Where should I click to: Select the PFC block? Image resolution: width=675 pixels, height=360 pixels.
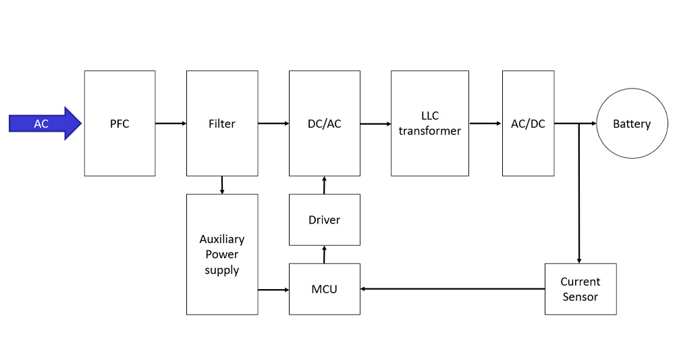pos(119,124)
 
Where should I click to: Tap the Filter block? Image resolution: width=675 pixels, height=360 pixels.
pos(221,124)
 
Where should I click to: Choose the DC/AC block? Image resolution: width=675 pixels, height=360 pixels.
pos(324,124)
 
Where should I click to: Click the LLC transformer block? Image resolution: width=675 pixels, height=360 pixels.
pos(429,124)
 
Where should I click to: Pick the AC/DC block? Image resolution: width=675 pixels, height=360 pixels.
pos(528,124)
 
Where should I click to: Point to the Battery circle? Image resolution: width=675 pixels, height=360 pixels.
pos(631,124)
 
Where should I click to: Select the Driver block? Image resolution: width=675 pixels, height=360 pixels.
pos(324,220)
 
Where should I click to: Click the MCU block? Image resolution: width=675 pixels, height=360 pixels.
pos(324,289)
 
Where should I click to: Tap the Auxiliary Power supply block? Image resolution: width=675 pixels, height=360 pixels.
pos(221,255)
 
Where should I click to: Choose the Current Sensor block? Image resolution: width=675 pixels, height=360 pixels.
pos(580,289)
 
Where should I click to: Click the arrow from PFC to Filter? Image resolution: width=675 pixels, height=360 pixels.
pos(171,124)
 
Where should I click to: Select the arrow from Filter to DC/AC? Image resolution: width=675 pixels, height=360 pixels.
pos(273,124)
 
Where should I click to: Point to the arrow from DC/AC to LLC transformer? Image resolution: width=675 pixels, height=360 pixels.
pos(375,124)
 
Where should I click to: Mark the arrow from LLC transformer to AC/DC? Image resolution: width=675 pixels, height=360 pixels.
pos(485,124)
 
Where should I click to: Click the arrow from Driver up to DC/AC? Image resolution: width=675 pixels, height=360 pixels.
pos(324,185)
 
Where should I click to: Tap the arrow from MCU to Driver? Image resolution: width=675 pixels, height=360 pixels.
pos(324,255)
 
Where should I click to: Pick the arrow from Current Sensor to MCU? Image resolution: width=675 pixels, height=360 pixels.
pos(452,289)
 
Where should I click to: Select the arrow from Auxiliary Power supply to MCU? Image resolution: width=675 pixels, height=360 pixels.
pos(273,290)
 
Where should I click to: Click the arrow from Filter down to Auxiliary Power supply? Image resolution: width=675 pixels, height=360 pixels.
pos(221,185)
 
